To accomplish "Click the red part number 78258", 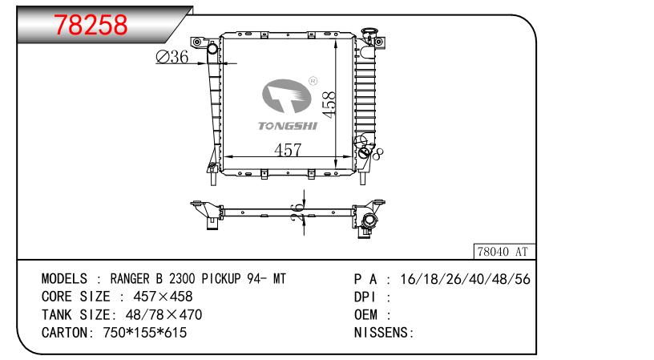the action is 91,25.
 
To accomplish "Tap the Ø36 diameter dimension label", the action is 172,57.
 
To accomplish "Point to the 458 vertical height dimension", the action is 329,105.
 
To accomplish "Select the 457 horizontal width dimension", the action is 288,149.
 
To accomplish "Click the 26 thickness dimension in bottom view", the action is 297,212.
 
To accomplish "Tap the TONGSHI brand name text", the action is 288,126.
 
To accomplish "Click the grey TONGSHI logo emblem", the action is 287,96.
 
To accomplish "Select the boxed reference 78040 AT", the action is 504,252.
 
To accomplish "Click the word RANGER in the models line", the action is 130,279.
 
